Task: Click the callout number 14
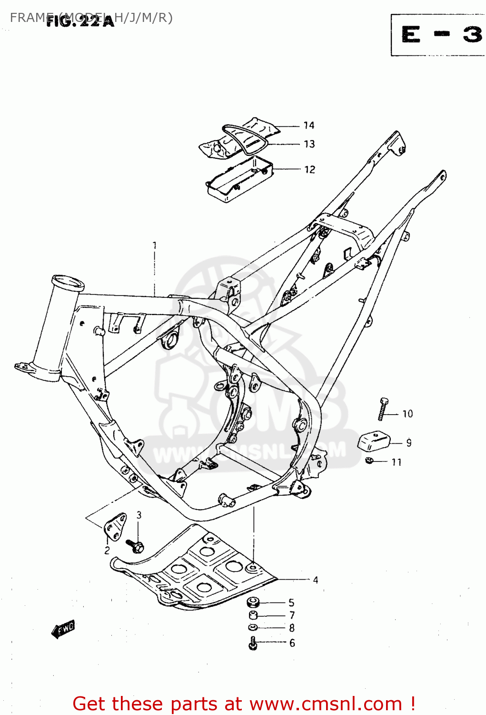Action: coord(309,125)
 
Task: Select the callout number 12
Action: coord(309,170)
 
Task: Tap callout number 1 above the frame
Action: coord(154,245)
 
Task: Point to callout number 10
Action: coord(407,414)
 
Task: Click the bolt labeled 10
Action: coord(383,409)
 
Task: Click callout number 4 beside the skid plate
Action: coord(315,580)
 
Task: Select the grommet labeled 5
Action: coord(253,602)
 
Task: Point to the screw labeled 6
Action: coord(253,643)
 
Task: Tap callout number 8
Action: coord(292,628)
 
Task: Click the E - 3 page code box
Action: coord(438,35)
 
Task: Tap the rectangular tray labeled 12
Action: coord(239,179)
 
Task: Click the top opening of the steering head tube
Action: coord(69,282)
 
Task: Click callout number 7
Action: coord(292,615)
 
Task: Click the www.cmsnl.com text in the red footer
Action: coord(326,704)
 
